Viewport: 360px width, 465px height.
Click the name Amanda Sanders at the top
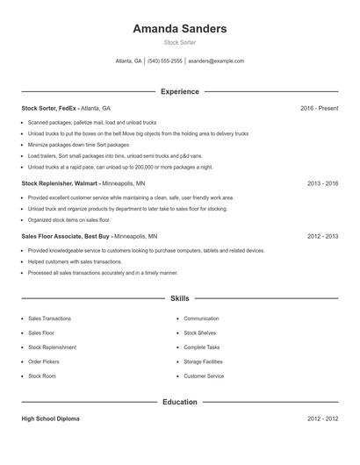click(179, 29)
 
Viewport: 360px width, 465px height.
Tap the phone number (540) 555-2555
click(165, 61)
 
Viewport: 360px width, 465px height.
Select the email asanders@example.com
click(216, 61)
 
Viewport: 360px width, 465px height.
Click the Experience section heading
click(180, 91)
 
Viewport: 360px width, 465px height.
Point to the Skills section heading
click(179, 298)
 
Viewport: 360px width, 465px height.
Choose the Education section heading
click(180, 402)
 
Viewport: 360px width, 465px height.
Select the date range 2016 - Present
click(319, 108)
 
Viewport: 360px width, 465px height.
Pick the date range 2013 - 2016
click(322, 184)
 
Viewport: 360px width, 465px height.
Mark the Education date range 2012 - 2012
click(322, 419)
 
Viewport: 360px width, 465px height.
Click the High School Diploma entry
click(50, 419)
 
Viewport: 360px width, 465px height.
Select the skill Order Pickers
click(44, 361)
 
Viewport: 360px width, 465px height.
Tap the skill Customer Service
click(204, 376)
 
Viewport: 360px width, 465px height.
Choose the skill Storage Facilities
click(203, 361)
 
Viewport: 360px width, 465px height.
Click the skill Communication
click(201, 318)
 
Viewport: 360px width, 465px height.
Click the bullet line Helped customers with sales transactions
click(75, 261)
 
